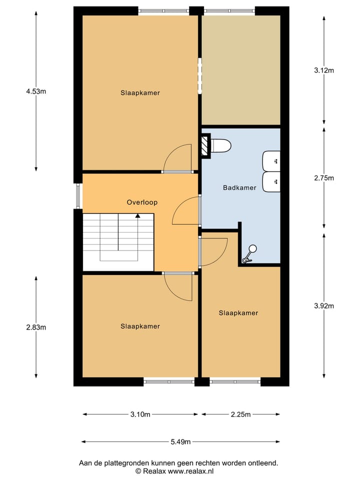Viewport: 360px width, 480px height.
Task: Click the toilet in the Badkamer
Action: tap(221, 146)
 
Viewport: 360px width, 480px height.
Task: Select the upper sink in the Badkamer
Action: tap(271, 160)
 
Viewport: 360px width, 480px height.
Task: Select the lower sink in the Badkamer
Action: tap(271, 182)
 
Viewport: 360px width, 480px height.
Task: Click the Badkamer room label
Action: tap(239, 188)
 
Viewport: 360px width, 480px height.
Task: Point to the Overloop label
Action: tap(142, 202)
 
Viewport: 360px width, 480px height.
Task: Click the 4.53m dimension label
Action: tap(36, 91)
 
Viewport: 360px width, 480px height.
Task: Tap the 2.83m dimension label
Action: tap(36, 327)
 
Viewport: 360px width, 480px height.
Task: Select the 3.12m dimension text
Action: tap(324, 70)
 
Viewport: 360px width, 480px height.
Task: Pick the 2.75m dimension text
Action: tap(324, 178)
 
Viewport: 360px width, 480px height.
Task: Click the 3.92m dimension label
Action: tap(324, 306)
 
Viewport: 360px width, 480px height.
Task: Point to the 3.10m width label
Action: tap(140, 414)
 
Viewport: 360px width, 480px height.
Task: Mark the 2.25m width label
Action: tap(240, 414)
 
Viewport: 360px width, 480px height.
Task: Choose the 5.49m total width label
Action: tap(180, 442)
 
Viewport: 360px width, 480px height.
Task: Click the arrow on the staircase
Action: tap(137, 216)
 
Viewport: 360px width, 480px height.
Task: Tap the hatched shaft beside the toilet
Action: tap(205, 146)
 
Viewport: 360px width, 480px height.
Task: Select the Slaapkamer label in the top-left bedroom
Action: tap(140, 92)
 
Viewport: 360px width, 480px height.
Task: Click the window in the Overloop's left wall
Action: tap(78, 196)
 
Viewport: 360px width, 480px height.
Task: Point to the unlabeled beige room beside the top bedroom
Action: tap(240, 70)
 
